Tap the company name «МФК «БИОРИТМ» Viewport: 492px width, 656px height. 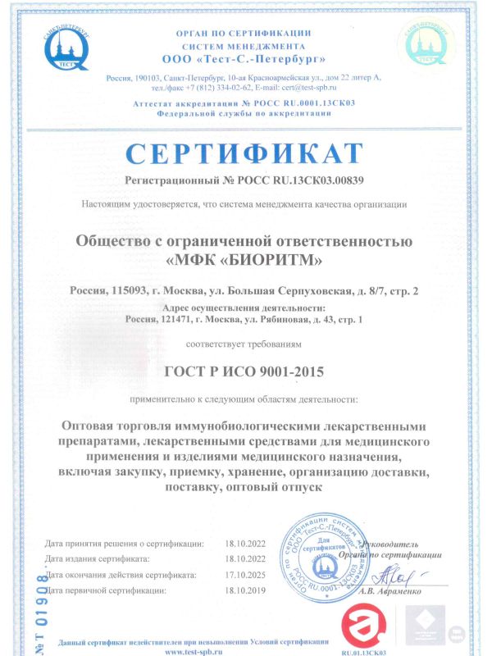pos(244,262)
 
